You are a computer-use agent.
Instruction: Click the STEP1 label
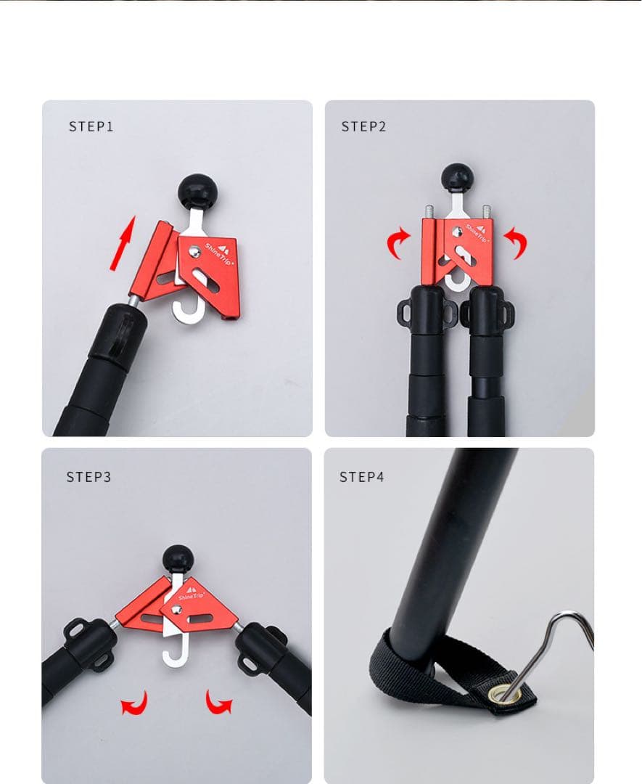click(91, 126)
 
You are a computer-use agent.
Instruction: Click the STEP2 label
click(363, 126)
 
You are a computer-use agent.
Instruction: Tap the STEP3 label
click(89, 477)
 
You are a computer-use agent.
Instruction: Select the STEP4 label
click(362, 477)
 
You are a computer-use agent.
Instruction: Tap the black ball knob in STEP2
click(456, 178)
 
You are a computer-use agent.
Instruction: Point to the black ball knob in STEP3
click(178, 558)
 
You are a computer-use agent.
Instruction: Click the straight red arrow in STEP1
click(123, 243)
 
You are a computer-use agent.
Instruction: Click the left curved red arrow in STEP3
click(135, 703)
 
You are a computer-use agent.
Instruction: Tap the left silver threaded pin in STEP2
click(429, 211)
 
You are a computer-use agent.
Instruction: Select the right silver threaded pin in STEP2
click(486, 211)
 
